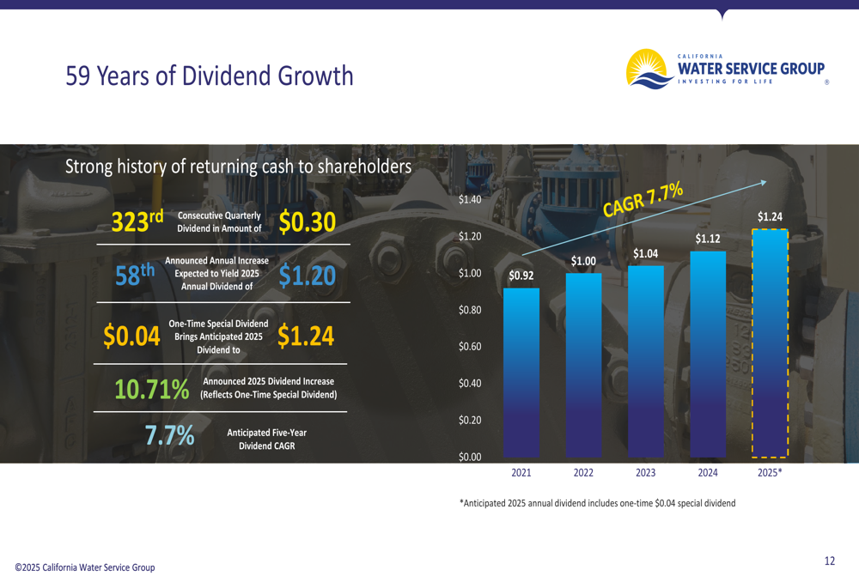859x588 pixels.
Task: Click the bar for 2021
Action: click(521, 373)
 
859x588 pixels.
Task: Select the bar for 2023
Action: click(646, 361)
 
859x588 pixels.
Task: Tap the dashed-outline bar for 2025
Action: click(770, 343)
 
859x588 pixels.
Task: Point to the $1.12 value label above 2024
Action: click(708, 239)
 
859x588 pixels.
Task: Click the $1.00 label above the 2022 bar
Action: click(583, 261)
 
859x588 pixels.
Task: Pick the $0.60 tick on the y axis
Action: click(470, 347)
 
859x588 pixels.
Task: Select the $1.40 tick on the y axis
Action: click(470, 200)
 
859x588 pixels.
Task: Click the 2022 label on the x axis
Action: click(583, 473)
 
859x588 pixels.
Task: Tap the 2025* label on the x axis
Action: click(770, 473)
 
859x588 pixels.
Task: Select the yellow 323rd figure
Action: click(137, 221)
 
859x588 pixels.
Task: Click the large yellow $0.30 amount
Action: click(307, 222)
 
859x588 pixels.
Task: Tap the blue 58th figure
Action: click(135, 276)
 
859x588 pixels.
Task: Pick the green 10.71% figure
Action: click(152, 389)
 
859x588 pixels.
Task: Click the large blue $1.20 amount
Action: click(307, 276)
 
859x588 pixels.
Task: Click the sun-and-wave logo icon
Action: click(650, 69)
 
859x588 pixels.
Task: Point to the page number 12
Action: click(829, 561)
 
